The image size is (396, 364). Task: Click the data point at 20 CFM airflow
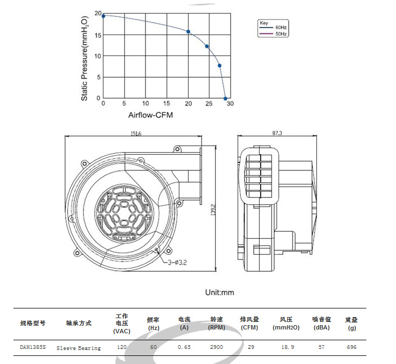(188, 32)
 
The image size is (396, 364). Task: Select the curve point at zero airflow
(103, 15)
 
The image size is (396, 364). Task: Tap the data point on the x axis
(226, 98)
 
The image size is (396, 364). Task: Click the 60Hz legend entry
(281, 27)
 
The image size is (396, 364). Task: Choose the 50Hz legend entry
(281, 33)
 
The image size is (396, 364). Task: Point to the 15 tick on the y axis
(97, 35)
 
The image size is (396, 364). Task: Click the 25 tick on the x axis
(209, 104)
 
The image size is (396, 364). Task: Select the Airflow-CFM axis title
(150, 115)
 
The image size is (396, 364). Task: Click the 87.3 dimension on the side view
(277, 133)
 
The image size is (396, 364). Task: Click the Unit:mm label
(220, 292)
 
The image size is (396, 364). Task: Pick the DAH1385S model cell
(33, 347)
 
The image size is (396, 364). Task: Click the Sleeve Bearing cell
(79, 348)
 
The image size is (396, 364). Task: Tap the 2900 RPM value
(217, 347)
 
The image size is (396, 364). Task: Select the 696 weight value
(352, 347)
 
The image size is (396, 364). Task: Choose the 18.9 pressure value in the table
(285, 347)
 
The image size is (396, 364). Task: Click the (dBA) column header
(321, 327)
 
